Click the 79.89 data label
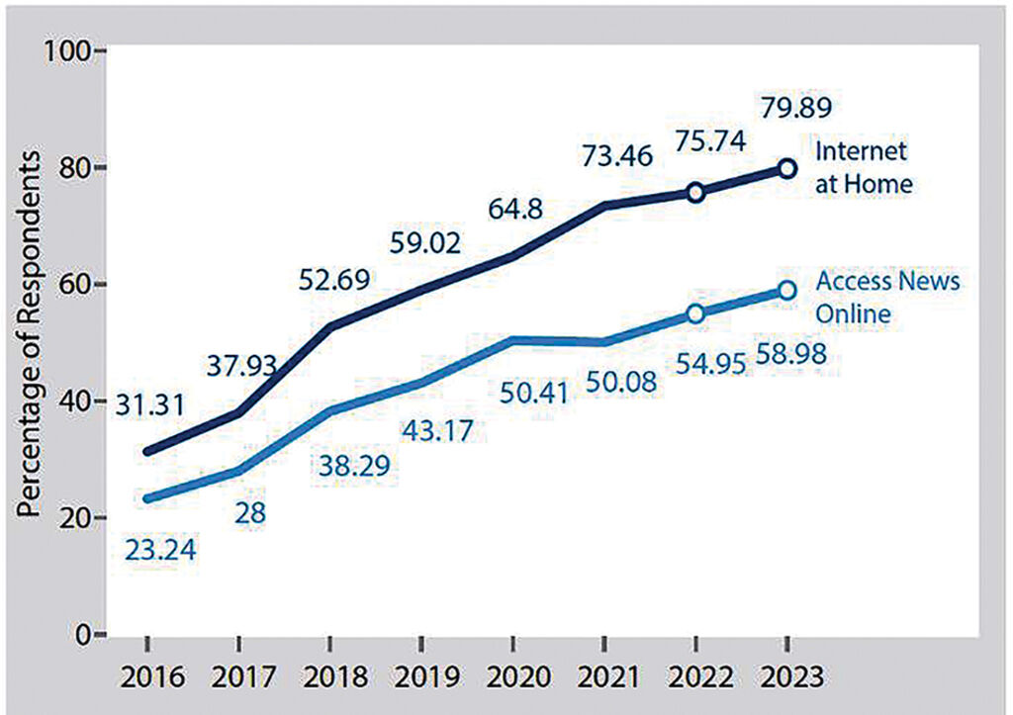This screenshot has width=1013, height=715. pos(789,103)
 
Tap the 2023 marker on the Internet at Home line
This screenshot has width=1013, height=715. pos(786,168)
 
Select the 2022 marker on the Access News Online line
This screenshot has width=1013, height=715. pos(695,313)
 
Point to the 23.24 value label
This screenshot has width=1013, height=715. pos(160,550)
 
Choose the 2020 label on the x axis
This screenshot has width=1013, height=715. pos(513,678)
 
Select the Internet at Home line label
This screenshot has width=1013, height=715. pos(862,167)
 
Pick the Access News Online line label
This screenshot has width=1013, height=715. pos(886,297)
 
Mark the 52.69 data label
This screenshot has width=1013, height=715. pos(334,281)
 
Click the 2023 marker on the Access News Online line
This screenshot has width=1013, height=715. pos(786,290)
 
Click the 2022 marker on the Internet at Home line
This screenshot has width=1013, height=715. pos(695,192)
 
